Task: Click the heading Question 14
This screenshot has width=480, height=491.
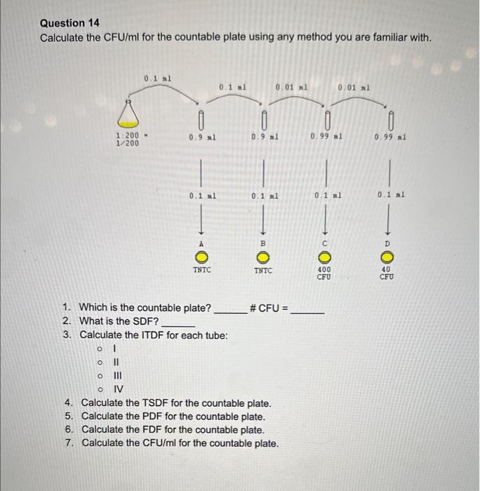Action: click(x=69, y=23)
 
